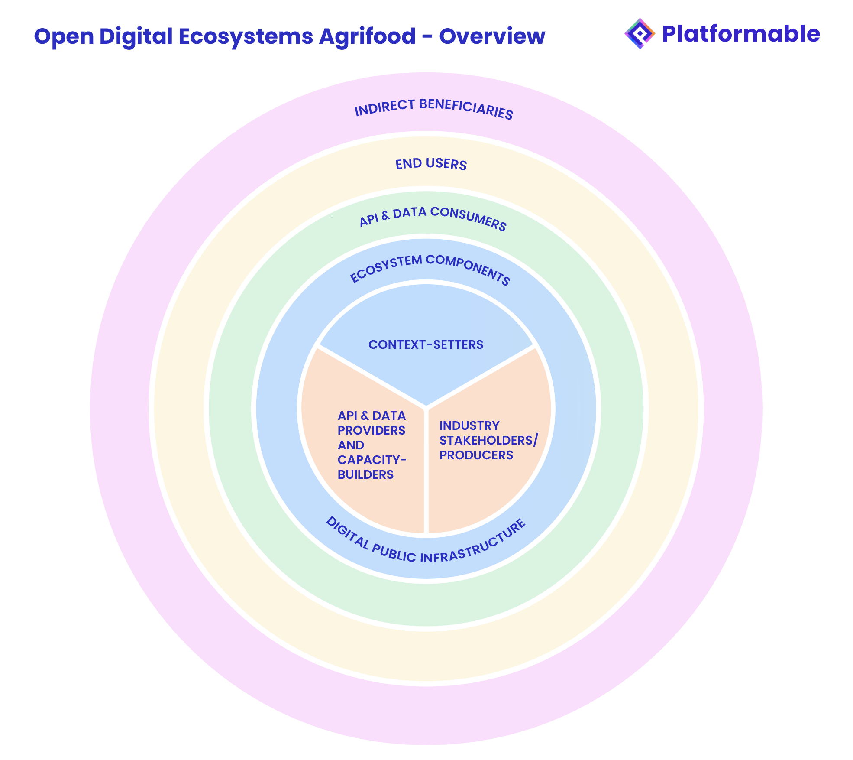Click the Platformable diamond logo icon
640,34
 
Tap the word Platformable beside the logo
741,34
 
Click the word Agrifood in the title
367,36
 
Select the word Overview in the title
492,36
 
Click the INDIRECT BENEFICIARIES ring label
433,108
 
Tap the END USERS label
431,164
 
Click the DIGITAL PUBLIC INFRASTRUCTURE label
426,542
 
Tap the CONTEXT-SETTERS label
426,344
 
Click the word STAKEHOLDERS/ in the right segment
488,440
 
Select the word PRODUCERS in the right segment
476,455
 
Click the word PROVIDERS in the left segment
372,430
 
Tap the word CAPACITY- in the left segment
372,460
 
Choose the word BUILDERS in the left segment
365,474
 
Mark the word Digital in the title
136,36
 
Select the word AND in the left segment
351,445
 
